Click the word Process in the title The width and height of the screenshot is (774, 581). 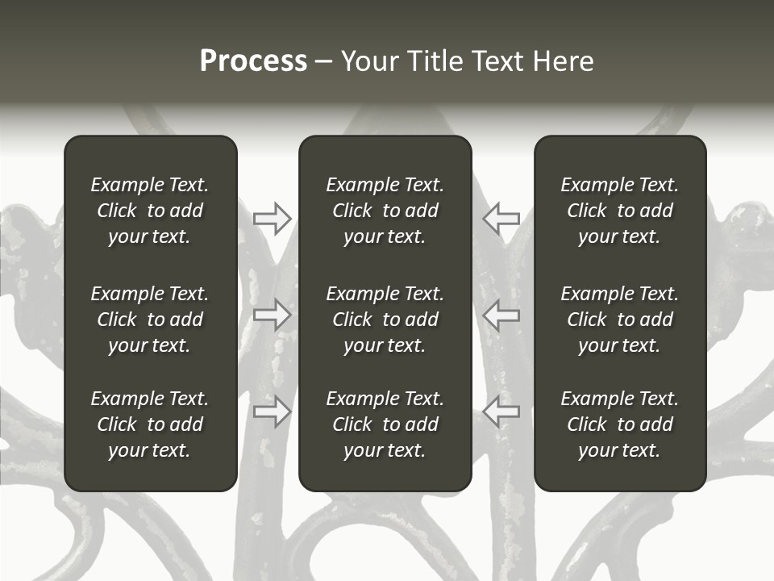(x=253, y=61)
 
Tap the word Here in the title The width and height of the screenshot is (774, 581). (x=563, y=61)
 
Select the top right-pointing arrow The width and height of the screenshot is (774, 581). (x=272, y=219)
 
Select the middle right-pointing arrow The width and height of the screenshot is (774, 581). (x=272, y=315)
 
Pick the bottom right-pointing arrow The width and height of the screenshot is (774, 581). (x=272, y=412)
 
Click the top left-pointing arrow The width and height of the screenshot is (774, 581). (x=501, y=219)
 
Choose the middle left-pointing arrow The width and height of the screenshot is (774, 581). (x=501, y=315)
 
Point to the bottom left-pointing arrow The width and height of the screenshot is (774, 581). (x=501, y=412)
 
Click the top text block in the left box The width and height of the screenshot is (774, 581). (x=150, y=211)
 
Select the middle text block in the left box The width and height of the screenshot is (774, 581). (x=150, y=320)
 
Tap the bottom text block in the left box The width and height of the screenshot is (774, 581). (x=150, y=424)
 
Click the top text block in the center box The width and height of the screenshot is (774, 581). (x=385, y=211)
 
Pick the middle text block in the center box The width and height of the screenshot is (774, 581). (x=385, y=320)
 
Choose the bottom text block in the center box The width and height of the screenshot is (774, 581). (x=385, y=424)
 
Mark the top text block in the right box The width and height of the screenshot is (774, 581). (x=619, y=211)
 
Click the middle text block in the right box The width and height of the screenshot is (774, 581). (x=619, y=320)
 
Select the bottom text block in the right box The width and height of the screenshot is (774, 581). (x=619, y=424)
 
